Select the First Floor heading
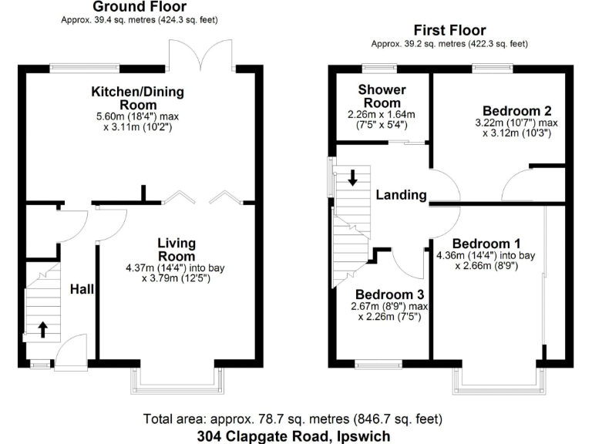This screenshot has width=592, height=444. [452, 32]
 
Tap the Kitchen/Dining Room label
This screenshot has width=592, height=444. [138, 98]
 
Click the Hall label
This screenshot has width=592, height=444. [82, 289]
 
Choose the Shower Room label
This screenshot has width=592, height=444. [382, 96]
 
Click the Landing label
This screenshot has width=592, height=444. [401, 195]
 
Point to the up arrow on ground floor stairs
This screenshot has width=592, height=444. [42, 329]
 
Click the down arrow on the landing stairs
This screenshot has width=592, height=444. [353, 178]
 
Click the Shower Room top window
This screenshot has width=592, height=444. [382, 69]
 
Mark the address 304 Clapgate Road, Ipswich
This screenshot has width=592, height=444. [293, 436]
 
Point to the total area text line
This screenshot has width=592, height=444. [293, 419]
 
